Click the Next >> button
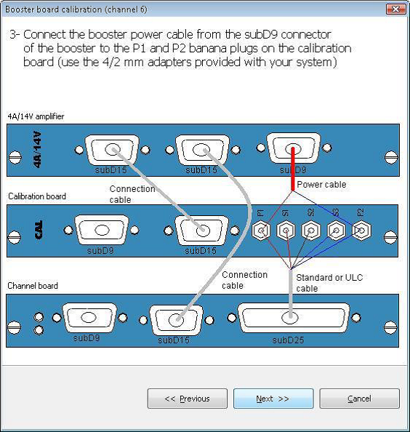[x=273, y=399]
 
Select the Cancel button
[x=359, y=399]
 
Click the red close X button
[x=395, y=9]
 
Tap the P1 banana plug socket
[x=261, y=231]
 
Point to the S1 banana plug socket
[x=286, y=231]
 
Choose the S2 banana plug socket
[x=311, y=231]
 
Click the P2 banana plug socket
[x=361, y=231]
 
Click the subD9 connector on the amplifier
[x=294, y=148]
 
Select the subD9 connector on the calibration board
[x=102, y=230]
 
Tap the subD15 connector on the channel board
[x=176, y=319]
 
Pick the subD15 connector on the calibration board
[x=201, y=231]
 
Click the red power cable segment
[x=293, y=169]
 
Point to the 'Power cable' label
[x=321, y=184]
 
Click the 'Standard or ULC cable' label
[x=329, y=283]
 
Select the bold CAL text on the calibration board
[x=39, y=230]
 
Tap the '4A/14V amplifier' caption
[x=36, y=116]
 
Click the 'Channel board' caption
[x=33, y=285]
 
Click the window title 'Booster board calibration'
[x=54, y=9]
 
